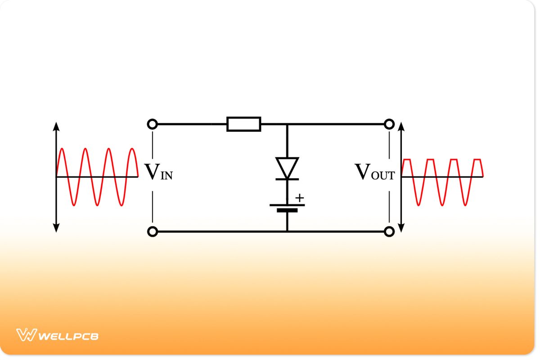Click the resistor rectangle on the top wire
243,124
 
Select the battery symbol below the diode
287,207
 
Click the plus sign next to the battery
300,198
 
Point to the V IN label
158,172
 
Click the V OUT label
374,172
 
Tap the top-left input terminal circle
153,124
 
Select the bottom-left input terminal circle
153,232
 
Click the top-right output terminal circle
389,124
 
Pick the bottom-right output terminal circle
389,232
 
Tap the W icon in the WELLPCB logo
26,335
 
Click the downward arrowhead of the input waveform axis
56,229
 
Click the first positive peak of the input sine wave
61,148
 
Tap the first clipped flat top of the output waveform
407,159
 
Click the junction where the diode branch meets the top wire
287,124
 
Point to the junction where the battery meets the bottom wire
287,232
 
